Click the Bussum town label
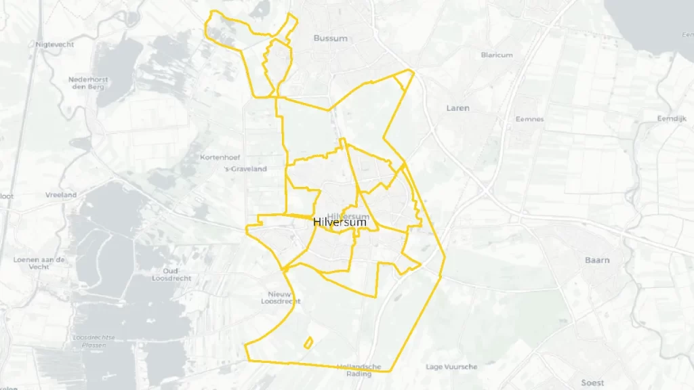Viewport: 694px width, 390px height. (330, 39)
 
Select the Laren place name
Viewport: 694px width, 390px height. (457, 108)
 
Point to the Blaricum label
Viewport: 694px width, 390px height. (496, 56)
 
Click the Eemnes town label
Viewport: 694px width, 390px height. (529, 119)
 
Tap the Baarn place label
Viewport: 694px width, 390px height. (597, 260)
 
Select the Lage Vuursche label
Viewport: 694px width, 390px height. (451, 367)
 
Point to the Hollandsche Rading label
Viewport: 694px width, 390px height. (359, 370)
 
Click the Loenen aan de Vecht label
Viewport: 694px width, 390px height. (39, 263)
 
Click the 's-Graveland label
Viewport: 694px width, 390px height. (246, 169)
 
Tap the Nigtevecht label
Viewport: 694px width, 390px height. (55, 45)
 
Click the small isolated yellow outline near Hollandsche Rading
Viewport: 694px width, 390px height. (308, 343)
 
